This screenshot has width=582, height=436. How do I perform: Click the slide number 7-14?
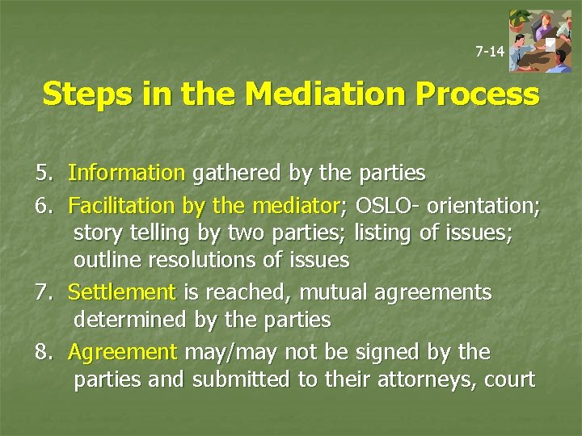coord(489,52)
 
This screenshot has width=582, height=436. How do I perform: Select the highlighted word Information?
coord(127,173)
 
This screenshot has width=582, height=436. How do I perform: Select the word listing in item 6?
coord(385,233)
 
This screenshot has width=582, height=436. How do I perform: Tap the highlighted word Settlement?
coord(121,292)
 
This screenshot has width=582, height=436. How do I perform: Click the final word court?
coord(509,379)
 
